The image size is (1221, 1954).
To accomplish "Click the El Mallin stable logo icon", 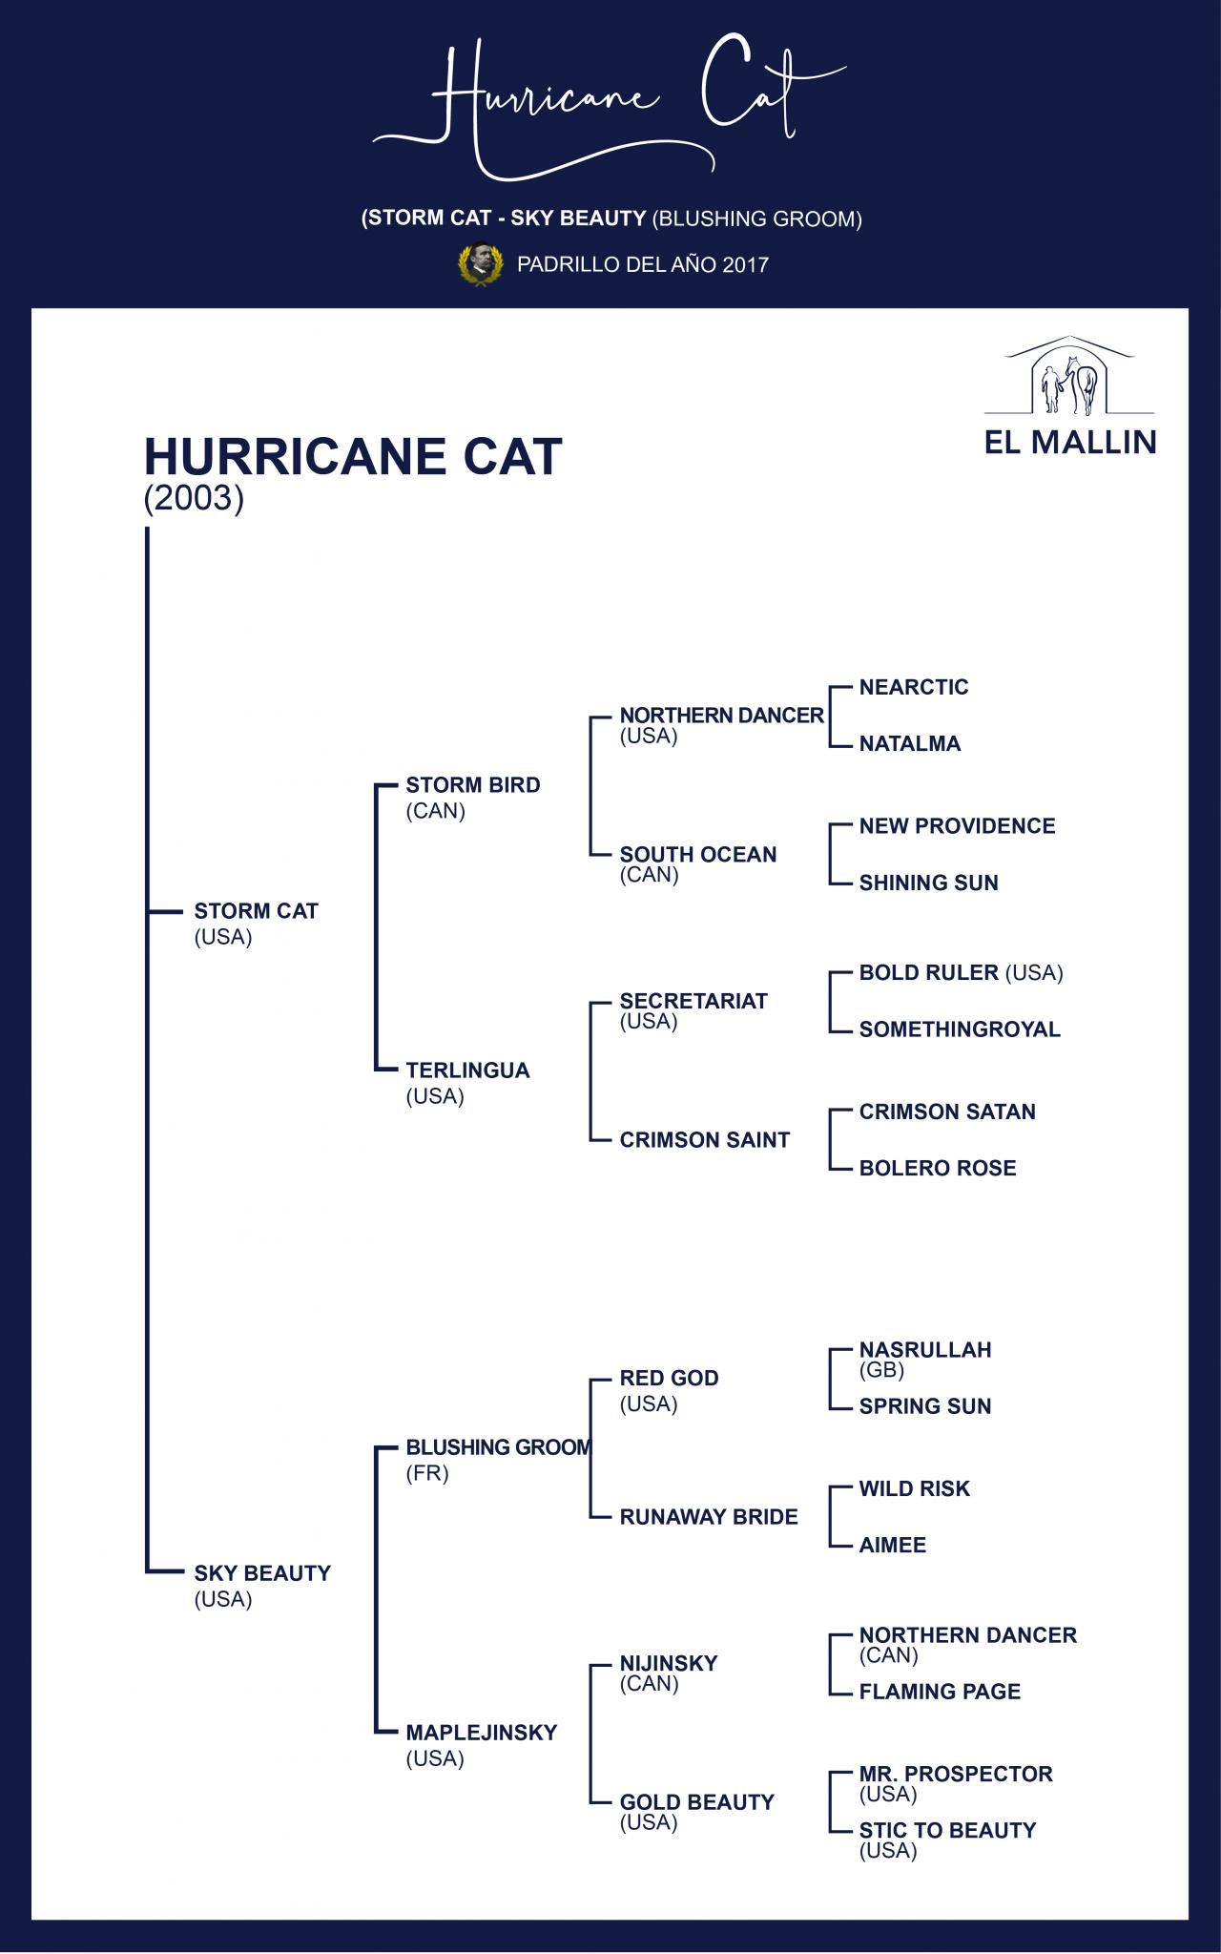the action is click(x=1068, y=376).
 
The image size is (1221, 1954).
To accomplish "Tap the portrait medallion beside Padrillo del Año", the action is click(x=481, y=264).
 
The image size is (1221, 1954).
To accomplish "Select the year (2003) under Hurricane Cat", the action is click(x=194, y=498).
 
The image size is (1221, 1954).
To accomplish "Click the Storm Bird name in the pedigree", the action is click(x=473, y=785).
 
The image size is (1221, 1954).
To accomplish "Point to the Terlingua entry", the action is click(x=467, y=1071).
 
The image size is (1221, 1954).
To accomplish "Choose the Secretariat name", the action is click(x=693, y=1001).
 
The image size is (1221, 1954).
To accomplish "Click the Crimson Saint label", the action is click(x=705, y=1140).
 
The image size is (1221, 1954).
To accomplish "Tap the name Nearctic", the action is click(x=914, y=687).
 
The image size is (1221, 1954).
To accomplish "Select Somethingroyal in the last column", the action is click(x=960, y=1029).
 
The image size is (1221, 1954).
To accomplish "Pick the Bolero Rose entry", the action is click(x=938, y=1168).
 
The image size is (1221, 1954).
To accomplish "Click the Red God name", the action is click(x=669, y=1378).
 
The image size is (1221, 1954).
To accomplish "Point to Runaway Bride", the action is click(x=709, y=1517).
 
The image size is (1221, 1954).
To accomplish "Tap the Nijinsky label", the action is click(x=669, y=1663).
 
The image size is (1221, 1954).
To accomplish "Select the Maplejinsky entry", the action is click(x=482, y=1733).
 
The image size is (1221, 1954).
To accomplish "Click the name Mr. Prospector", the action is click(x=956, y=1774).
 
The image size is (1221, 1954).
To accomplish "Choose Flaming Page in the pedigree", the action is click(x=940, y=1692).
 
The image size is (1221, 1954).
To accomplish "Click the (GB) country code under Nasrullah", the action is click(x=881, y=1370).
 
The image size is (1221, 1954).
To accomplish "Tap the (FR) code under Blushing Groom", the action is click(x=427, y=1473).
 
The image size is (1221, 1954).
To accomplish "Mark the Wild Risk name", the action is click(x=914, y=1488).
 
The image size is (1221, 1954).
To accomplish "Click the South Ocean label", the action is click(x=698, y=854).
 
